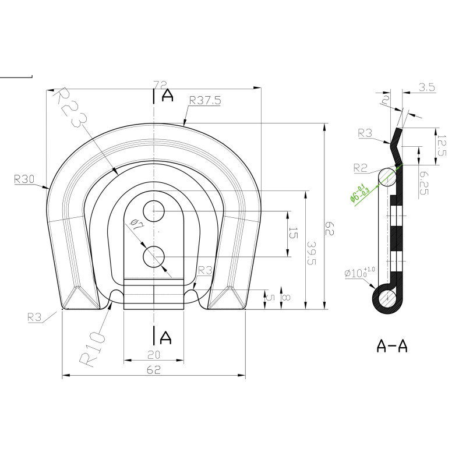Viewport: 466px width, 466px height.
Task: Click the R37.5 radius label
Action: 205,100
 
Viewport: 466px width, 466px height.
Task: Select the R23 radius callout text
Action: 70,107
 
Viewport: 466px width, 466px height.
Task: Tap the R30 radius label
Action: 24,179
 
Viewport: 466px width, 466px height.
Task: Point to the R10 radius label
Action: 93,349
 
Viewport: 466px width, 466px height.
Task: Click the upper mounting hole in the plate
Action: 154,211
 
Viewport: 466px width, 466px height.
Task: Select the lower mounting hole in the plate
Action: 154,256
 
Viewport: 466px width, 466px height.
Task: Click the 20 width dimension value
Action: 154,354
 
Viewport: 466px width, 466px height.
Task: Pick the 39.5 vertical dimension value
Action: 312,253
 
